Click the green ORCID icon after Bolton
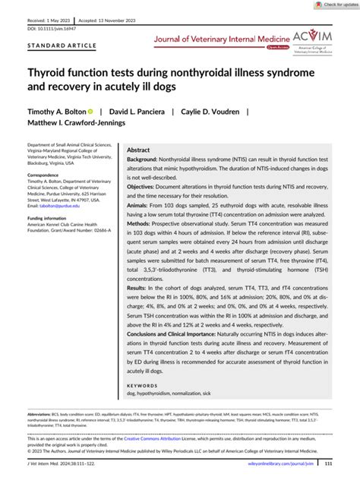pos(91,111)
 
